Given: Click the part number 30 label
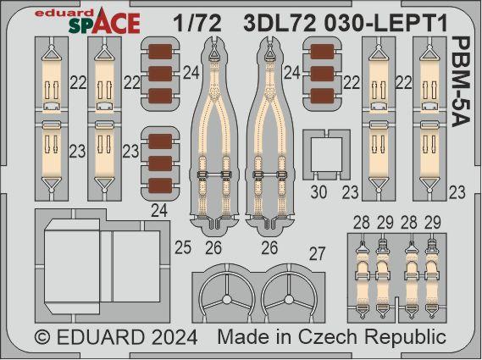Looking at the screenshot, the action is [319, 193].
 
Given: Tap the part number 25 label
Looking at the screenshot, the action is [183, 247].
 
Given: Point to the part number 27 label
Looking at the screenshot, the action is [317, 254].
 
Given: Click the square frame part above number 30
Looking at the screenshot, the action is [326, 155].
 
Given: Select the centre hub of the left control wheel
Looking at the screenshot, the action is [226, 300].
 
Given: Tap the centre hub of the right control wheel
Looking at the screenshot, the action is [289, 300].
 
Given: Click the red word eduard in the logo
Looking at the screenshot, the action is [64, 13].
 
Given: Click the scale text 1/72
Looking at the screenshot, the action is [197, 24].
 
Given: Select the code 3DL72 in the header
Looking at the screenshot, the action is [280, 24].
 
